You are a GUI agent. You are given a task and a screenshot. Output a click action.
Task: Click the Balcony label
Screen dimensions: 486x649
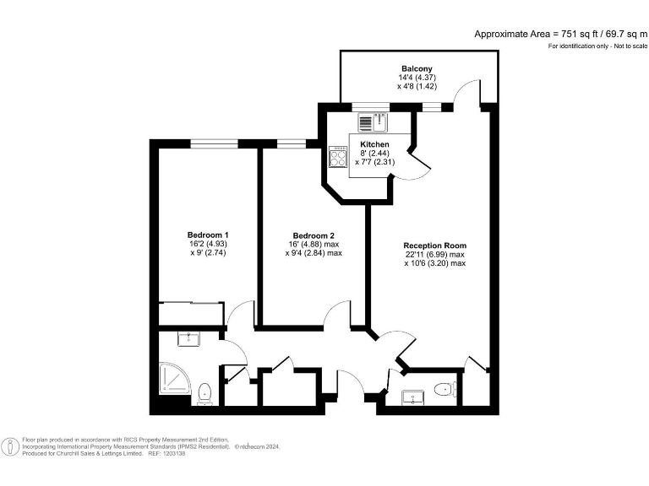click(417, 68)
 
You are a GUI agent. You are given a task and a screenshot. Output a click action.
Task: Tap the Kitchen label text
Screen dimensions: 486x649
click(374, 144)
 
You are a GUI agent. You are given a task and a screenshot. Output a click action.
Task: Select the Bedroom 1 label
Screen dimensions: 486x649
click(208, 235)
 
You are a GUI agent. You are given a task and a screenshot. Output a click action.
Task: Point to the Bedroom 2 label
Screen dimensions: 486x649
click(314, 235)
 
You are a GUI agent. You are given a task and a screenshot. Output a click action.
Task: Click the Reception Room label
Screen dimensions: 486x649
click(434, 246)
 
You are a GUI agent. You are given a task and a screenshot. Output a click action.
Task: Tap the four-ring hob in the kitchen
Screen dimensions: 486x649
click(338, 157)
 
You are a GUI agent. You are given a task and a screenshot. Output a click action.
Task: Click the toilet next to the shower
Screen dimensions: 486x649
click(205, 392)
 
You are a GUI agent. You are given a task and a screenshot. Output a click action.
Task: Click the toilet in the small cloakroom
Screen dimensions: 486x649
click(443, 389)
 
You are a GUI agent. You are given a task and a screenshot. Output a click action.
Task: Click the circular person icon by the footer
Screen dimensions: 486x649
click(10, 447)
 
